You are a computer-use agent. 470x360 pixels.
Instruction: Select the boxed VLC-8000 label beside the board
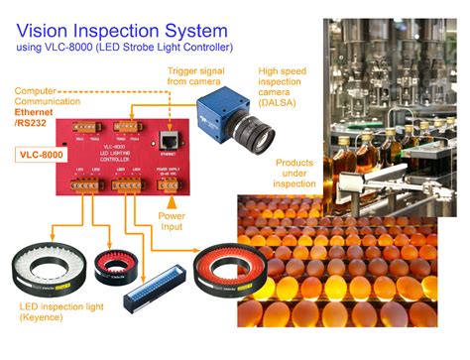[x=42, y=155]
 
